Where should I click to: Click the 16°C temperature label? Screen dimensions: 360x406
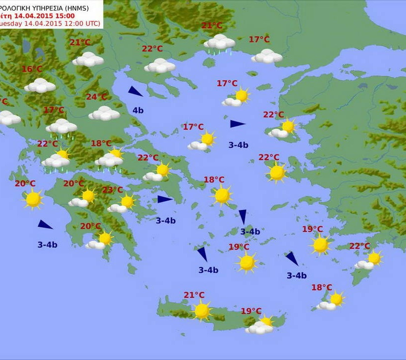pyautogui.click(x=32, y=69)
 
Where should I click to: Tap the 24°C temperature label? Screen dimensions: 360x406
pyautogui.click(x=97, y=97)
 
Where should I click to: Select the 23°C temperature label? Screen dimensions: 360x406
pyautogui.click(x=112, y=190)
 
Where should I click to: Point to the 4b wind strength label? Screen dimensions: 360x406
pyautogui.click(x=138, y=110)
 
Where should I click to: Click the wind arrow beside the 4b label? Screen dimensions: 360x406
pyautogui.click(x=135, y=91)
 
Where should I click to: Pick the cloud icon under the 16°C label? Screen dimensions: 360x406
pyautogui.click(x=40, y=86)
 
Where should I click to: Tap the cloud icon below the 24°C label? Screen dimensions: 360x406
pyautogui.click(x=104, y=113)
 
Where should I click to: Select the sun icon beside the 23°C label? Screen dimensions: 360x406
pyautogui.click(x=127, y=201)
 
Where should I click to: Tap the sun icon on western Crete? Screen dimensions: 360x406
pyautogui.click(x=202, y=311)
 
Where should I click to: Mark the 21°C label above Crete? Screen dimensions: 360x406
pyautogui.click(x=194, y=295)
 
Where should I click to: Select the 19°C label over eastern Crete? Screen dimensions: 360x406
pyautogui.click(x=251, y=311)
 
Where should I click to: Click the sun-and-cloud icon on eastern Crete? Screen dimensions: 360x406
pyautogui.click(x=261, y=325)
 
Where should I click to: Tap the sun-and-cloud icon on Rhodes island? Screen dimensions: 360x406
pyautogui.click(x=369, y=260)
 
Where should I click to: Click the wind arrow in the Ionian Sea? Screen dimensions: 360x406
pyautogui.click(x=45, y=224)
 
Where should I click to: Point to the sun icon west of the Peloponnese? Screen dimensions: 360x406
pyautogui.click(x=33, y=199)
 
